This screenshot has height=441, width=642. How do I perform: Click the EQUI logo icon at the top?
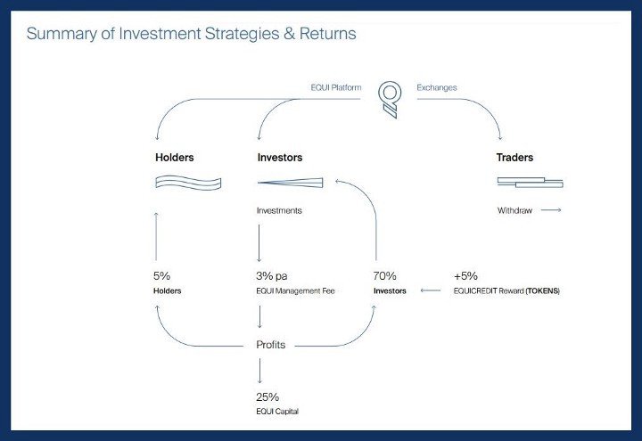(x=390, y=100)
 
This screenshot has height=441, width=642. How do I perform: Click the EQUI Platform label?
(x=336, y=87)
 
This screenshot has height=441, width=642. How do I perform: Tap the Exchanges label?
(x=436, y=87)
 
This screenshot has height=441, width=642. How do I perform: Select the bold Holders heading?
(x=175, y=158)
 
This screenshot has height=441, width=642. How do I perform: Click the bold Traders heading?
(x=514, y=158)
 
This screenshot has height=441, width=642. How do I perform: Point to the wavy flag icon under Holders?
(x=188, y=183)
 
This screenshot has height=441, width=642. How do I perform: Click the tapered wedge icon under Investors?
(x=291, y=183)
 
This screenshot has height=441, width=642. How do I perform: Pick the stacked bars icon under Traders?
(x=531, y=183)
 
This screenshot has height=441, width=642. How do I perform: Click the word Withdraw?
(x=514, y=210)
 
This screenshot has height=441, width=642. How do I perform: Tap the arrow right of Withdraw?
(x=551, y=210)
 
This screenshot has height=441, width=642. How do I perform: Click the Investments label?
(x=279, y=210)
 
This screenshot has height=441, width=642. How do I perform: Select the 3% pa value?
(x=271, y=276)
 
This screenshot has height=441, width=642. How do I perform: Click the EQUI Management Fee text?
(x=295, y=290)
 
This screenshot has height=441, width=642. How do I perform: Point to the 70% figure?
(x=384, y=276)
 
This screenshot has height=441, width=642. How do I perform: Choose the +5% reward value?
(x=465, y=276)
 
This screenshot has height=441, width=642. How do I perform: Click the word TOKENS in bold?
(x=542, y=290)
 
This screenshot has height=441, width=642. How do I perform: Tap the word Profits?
(x=271, y=345)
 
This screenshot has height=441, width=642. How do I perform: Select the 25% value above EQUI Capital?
(x=267, y=396)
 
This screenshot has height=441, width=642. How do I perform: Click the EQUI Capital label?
(x=277, y=412)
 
